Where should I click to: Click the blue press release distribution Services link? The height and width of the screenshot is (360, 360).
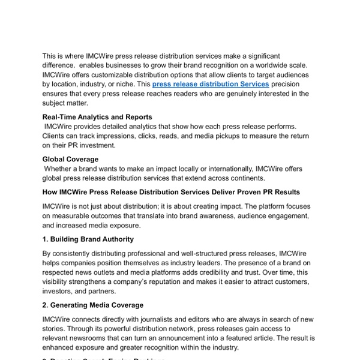pos(211,84)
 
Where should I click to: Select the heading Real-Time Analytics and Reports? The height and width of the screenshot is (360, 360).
pos(97,117)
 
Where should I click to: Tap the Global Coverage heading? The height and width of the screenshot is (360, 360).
pos(70,159)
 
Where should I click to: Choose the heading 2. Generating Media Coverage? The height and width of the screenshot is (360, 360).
pos(93,305)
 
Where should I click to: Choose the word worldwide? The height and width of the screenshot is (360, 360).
pos(271,65)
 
